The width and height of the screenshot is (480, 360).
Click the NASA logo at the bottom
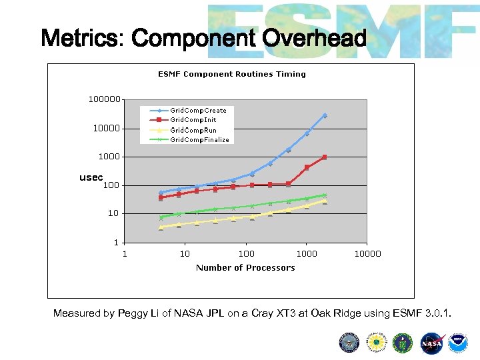tap(431, 343)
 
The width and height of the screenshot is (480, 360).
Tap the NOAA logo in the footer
tap(458, 343)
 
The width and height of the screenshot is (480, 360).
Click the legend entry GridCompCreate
tap(197, 110)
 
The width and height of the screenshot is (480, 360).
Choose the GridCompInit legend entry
tap(193, 120)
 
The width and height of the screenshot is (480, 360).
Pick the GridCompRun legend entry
tap(193, 130)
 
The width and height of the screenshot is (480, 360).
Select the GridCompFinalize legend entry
tap(199, 140)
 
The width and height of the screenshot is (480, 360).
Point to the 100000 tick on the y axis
tap(105, 99)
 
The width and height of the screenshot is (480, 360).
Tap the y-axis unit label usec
tap(91, 178)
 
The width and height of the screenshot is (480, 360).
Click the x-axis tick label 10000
tap(367, 253)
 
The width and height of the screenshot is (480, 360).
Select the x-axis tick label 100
tap(246, 253)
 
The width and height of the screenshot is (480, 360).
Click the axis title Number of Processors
tap(245, 268)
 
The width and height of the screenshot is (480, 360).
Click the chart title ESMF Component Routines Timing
tap(231, 74)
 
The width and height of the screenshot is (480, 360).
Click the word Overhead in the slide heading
tap(315, 39)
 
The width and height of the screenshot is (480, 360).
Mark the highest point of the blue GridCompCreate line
tap(325, 115)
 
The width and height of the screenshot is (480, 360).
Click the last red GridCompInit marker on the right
tap(325, 157)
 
